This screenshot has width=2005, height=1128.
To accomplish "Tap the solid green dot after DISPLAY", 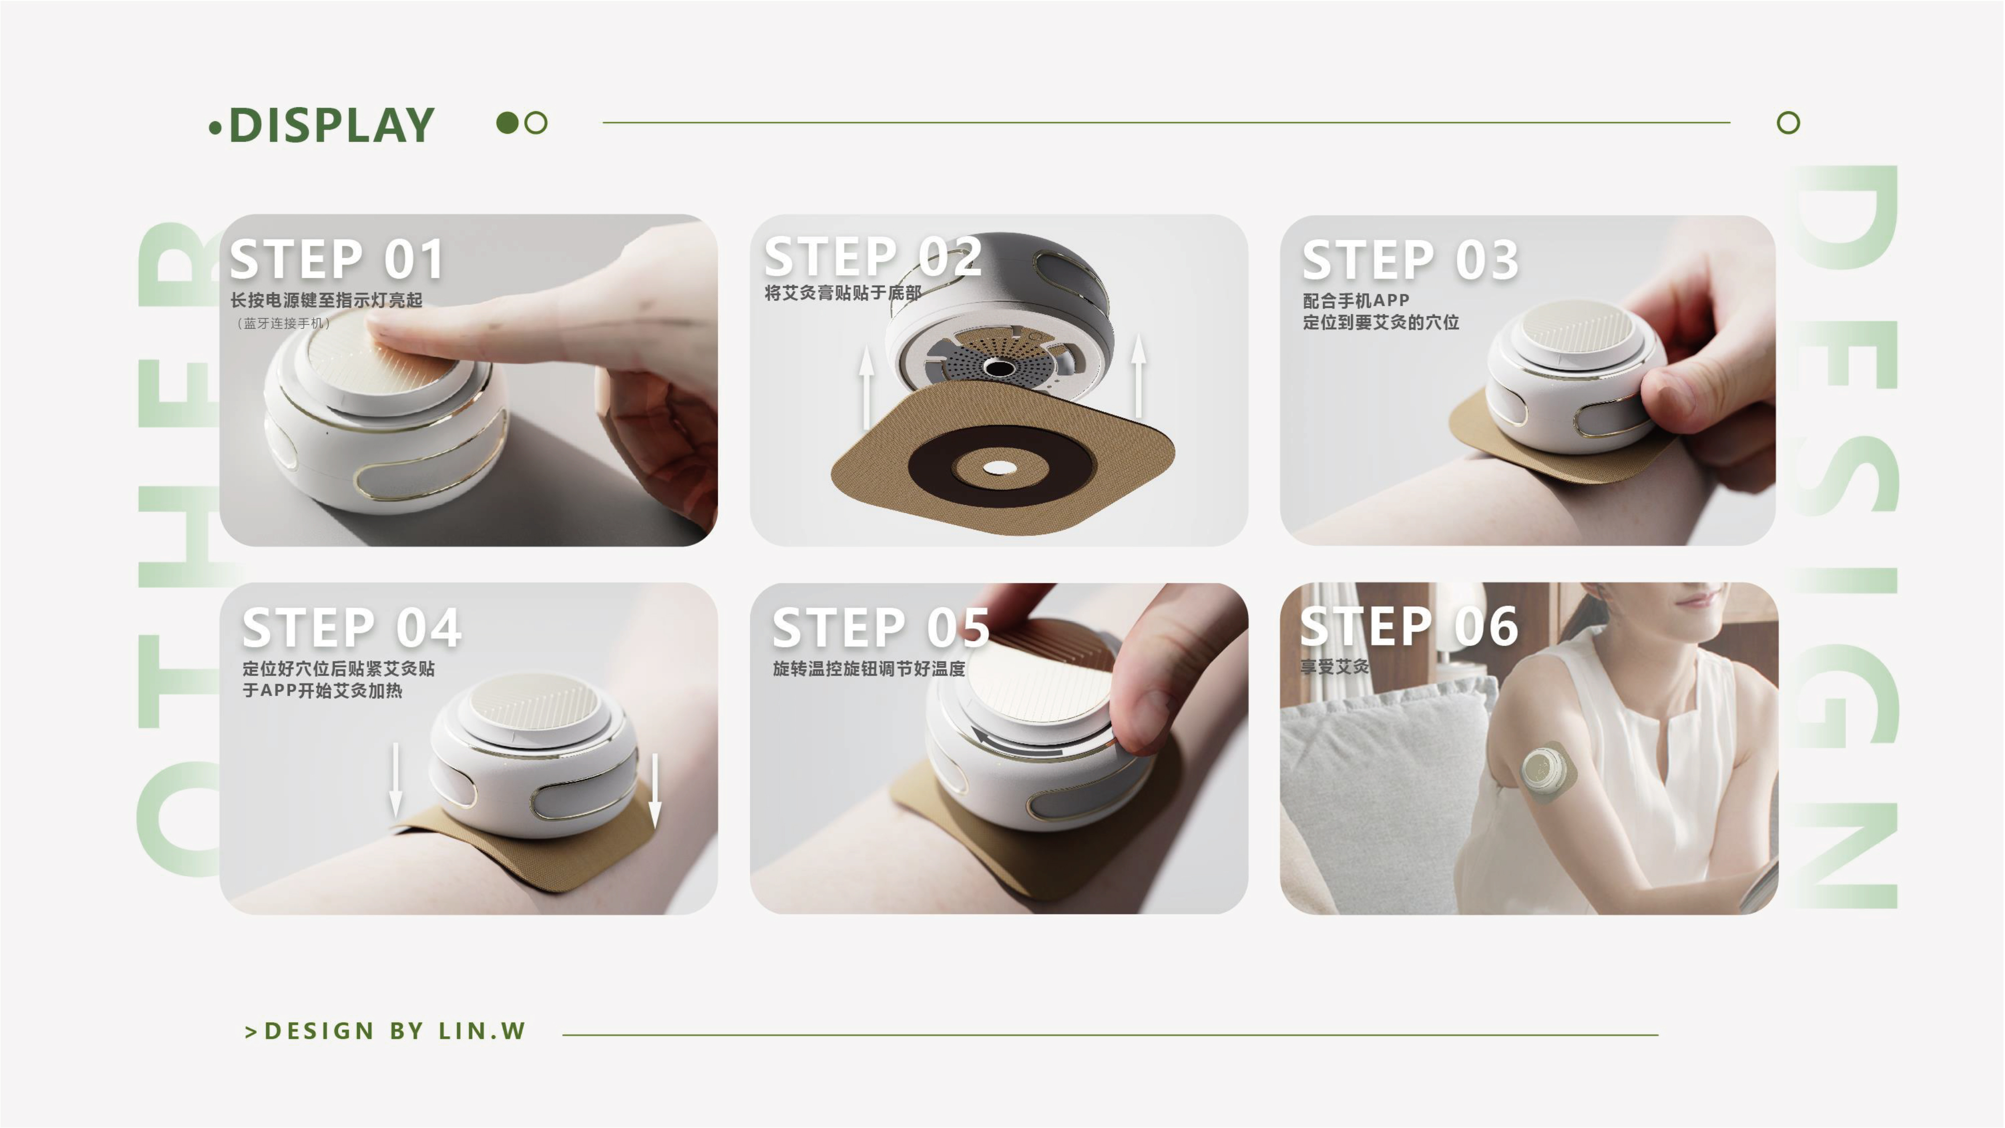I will pos(507,122).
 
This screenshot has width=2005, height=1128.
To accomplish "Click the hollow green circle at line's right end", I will pos(1788,122).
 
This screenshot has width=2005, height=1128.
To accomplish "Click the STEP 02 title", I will pos(872,257).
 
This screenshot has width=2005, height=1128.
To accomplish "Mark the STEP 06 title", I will pos(1409,626).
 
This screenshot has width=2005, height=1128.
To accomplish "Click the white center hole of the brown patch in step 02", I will pos(999,468).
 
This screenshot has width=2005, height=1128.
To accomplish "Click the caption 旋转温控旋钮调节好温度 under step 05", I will pos(868,668).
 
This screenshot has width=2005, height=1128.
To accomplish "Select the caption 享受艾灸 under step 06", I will pos(1334,666).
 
